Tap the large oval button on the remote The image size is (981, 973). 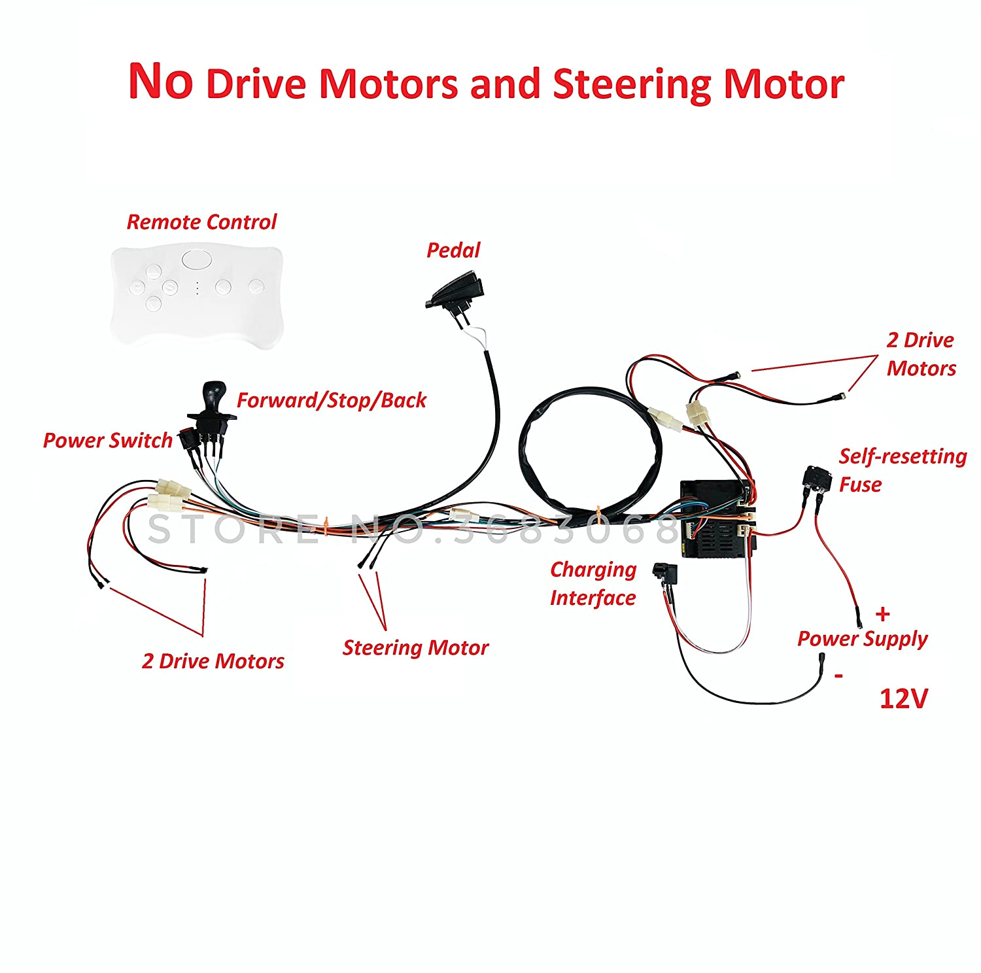tap(196, 259)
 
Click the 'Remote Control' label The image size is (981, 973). tap(201, 222)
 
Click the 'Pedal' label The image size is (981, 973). tap(453, 250)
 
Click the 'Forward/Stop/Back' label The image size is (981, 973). tap(331, 400)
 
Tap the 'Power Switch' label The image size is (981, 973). tap(107, 441)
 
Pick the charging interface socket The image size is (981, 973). tap(666, 575)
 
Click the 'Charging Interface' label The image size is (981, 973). tap(593, 584)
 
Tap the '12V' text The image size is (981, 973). tap(903, 699)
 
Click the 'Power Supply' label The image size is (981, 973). tap(862, 638)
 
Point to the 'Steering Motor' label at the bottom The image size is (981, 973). tap(415, 648)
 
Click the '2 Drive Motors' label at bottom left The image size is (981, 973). tap(213, 661)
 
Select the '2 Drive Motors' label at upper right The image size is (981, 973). tap(920, 354)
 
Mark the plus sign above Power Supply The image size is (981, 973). tap(883, 614)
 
